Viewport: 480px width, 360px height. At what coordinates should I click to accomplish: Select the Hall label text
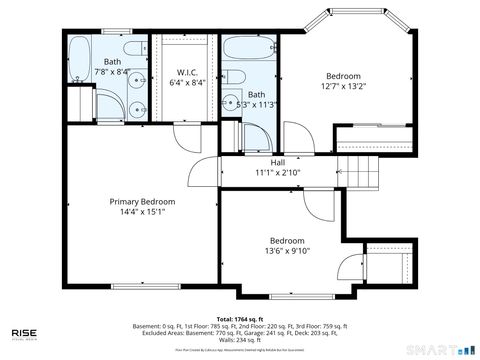tap(277, 161)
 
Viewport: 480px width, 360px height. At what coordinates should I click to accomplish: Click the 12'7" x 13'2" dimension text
tap(343, 86)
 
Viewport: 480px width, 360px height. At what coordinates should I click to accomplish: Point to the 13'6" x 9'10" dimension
tap(287, 251)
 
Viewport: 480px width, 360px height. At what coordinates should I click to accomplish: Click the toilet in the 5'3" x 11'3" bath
tap(232, 108)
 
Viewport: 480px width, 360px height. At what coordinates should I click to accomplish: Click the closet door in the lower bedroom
tap(350, 268)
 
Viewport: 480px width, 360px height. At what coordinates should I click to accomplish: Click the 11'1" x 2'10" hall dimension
tap(277, 172)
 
